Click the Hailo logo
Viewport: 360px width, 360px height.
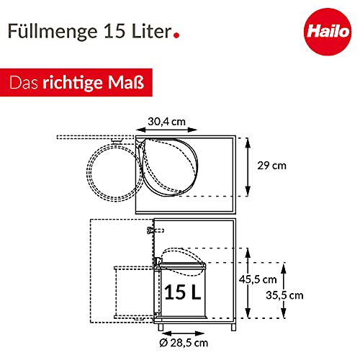[x=328, y=32]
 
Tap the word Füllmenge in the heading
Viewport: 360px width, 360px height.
[x=53, y=32]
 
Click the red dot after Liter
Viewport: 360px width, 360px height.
[x=176, y=35]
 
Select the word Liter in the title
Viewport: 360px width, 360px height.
[x=151, y=31]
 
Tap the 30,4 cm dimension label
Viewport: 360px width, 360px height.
[x=166, y=122]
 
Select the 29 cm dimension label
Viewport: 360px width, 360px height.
[x=271, y=166]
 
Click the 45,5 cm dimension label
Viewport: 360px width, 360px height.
[x=258, y=279]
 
